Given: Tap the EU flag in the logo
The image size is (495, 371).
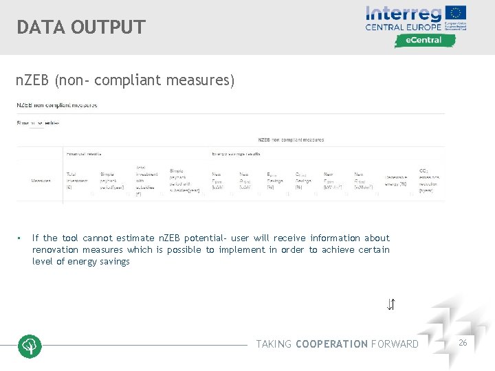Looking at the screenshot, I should tap(455, 14).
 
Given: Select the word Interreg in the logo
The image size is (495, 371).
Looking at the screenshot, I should tap(404, 13).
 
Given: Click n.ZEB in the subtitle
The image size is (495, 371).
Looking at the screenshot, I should tap(34, 80).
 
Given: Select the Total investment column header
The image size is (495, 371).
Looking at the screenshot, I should tap(76, 181).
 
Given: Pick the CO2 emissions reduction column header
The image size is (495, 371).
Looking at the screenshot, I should tap(430, 180).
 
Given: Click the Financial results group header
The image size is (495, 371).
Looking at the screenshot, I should tap(85, 154).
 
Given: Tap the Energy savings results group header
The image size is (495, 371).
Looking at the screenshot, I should tap(236, 154).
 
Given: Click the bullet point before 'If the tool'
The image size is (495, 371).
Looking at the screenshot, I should tap(20, 238).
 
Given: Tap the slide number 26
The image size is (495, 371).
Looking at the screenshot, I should tap(463, 342).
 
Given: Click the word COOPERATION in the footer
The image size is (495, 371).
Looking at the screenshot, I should tap(331, 344).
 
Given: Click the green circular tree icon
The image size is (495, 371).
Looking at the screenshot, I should tap(30, 346).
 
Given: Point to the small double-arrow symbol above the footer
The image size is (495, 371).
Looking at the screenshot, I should tap(390, 304).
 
